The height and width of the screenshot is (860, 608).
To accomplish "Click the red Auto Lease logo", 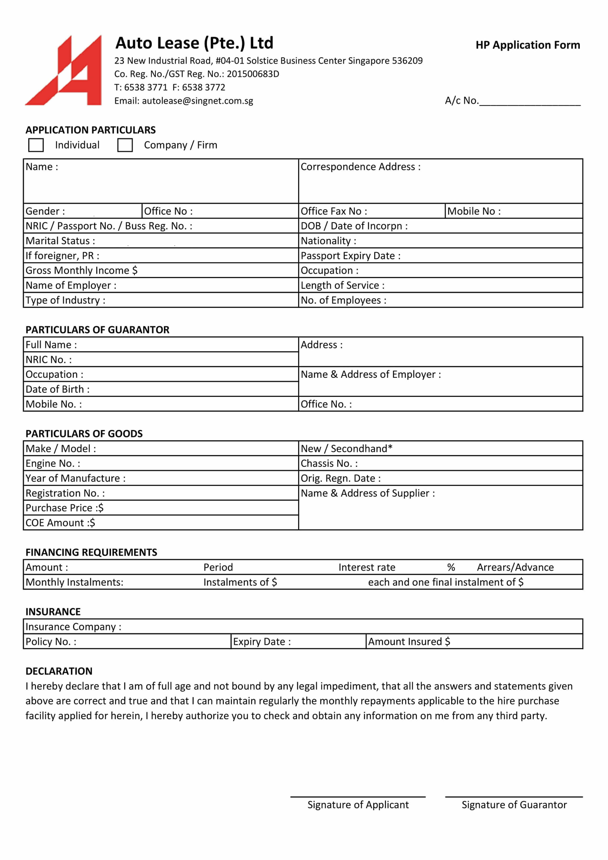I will click(64, 70).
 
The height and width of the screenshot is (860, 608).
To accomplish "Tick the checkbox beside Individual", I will click(36, 145).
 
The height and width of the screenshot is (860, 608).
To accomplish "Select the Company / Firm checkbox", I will click(125, 145).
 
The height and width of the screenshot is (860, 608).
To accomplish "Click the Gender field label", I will click(45, 211).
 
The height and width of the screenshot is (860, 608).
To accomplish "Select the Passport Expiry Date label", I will click(350, 256).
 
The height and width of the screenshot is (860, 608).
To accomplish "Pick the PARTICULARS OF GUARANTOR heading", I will click(97, 330).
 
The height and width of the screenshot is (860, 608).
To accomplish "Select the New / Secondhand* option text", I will click(346, 449).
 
